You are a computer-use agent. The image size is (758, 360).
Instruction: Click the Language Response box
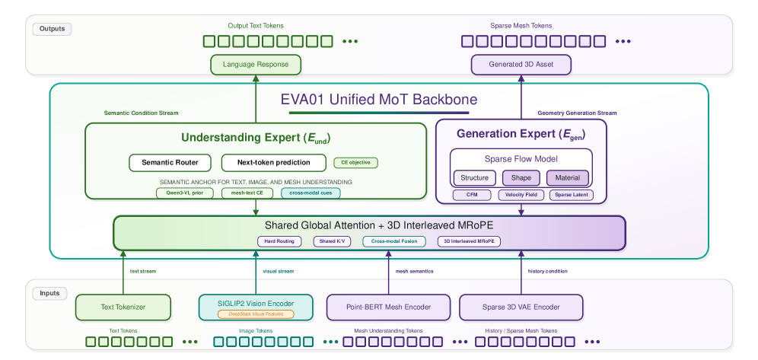click(256, 65)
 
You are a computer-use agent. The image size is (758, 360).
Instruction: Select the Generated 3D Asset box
click(521, 65)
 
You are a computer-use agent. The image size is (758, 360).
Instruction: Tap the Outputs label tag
click(53, 29)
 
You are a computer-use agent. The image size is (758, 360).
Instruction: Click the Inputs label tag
click(49, 293)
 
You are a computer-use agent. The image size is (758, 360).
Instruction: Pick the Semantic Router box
click(170, 163)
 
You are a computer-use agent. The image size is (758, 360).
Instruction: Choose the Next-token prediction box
click(274, 163)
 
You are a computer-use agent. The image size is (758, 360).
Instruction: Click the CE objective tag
click(356, 163)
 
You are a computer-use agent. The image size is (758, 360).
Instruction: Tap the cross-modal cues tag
click(311, 193)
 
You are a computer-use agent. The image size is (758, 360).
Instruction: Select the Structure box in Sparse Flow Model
click(475, 178)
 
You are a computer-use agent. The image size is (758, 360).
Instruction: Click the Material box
click(568, 178)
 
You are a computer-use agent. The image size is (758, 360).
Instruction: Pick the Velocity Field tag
click(521, 195)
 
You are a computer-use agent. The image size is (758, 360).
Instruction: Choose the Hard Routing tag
click(279, 241)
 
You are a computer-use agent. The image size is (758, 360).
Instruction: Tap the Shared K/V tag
click(332, 241)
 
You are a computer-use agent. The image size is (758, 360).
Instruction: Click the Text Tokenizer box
click(123, 307)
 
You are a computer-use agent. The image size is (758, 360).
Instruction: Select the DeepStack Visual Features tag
click(256, 314)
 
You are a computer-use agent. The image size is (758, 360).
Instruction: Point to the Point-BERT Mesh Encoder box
click(389, 307)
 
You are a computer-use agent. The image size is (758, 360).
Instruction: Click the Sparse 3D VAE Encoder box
click(521, 307)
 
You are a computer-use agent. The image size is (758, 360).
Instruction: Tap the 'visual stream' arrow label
click(278, 272)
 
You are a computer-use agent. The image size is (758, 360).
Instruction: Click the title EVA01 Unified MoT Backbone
click(379, 100)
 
